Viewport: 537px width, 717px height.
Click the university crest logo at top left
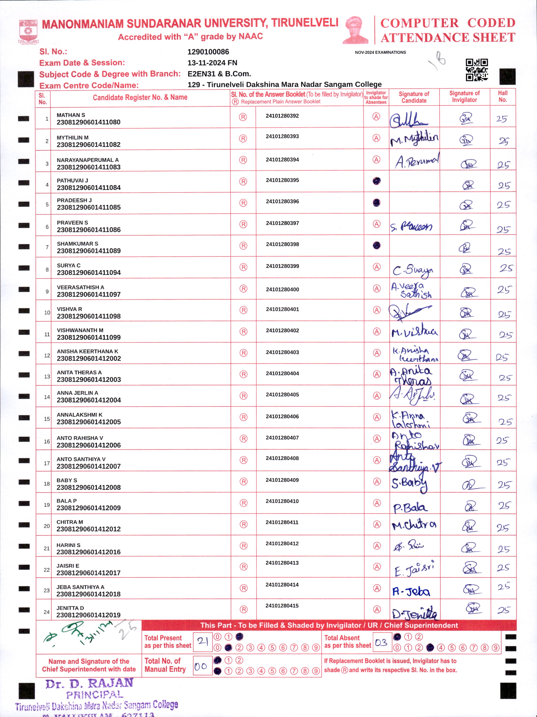point(29,31)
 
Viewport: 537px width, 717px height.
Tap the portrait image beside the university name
point(355,30)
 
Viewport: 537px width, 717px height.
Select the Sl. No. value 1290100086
point(208,52)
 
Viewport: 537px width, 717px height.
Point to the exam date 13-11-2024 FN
point(212,63)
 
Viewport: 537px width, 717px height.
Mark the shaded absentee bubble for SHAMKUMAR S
point(376,245)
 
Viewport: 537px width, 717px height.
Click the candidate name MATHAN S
point(71,115)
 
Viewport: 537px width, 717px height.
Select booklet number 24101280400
point(282,289)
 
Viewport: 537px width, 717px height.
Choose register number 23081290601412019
point(88,615)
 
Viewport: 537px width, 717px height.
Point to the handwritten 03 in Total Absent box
point(381,642)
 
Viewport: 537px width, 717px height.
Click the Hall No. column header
point(503,96)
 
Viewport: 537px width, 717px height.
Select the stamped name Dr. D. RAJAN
point(89,683)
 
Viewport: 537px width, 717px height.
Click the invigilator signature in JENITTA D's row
point(473,608)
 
